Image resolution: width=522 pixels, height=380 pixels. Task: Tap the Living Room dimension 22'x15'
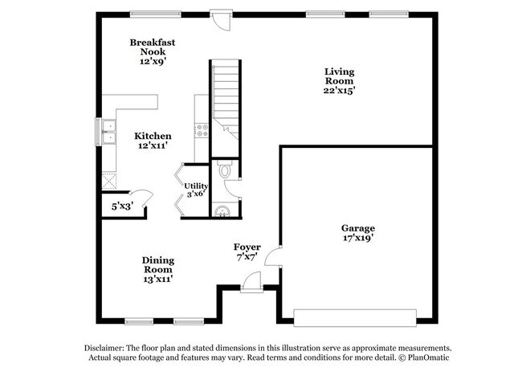[x=339, y=91]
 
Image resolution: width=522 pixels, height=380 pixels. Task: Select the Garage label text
[x=357, y=227]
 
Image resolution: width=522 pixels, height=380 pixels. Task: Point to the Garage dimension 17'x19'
[x=357, y=238]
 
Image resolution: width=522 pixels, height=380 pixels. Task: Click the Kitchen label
[x=153, y=136]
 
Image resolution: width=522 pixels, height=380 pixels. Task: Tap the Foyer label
[x=246, y=247]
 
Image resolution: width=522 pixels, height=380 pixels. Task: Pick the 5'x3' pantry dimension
[x=122, y=206]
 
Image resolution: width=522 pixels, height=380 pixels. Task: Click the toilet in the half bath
[x=225, y=170]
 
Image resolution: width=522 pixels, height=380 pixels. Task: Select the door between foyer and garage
[x=274, y=256]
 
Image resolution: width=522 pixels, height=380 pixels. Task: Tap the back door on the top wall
[x=218, y=16]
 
